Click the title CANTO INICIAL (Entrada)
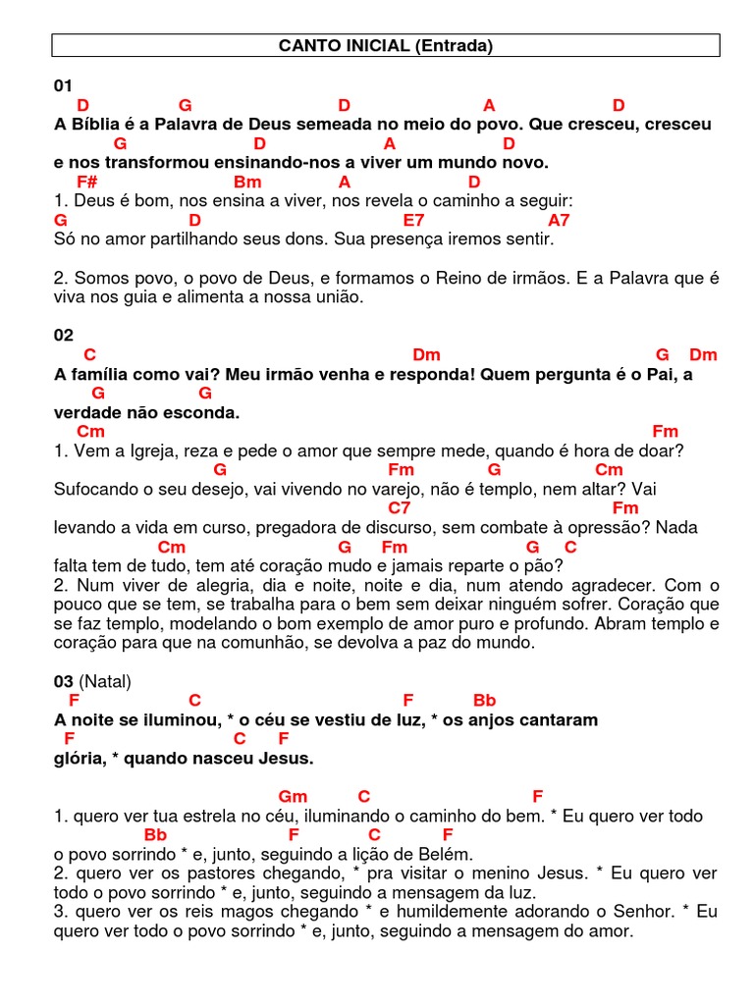(385, 45)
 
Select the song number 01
(63, 86)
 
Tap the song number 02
(63, 336)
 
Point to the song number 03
(63, 681)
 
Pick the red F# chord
(86, 182)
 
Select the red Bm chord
(246, 182)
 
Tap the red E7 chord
(413, 220)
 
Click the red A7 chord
(559, 220)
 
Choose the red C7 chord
(400, 508)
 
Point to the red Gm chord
(293, 796)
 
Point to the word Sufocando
(96, 489)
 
